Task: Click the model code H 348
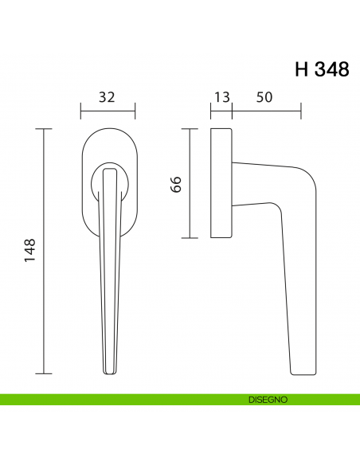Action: pyautogui.click(x=322, y=69)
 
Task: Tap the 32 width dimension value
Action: pyautogui.click(x=108, y=97)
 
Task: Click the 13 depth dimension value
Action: pyautogui.click(x=221, y=97)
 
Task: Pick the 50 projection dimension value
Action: pyautogui.click(x=265, y=97)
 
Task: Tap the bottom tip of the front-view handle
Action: pyautogui.click(x=108, y=373)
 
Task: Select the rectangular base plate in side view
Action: pyautogui.click(x=221, y=183)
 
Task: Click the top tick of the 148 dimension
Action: pyautogui.click(x=45, y=128)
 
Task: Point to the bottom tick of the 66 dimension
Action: pyautogui.click(x=190, y=238)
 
